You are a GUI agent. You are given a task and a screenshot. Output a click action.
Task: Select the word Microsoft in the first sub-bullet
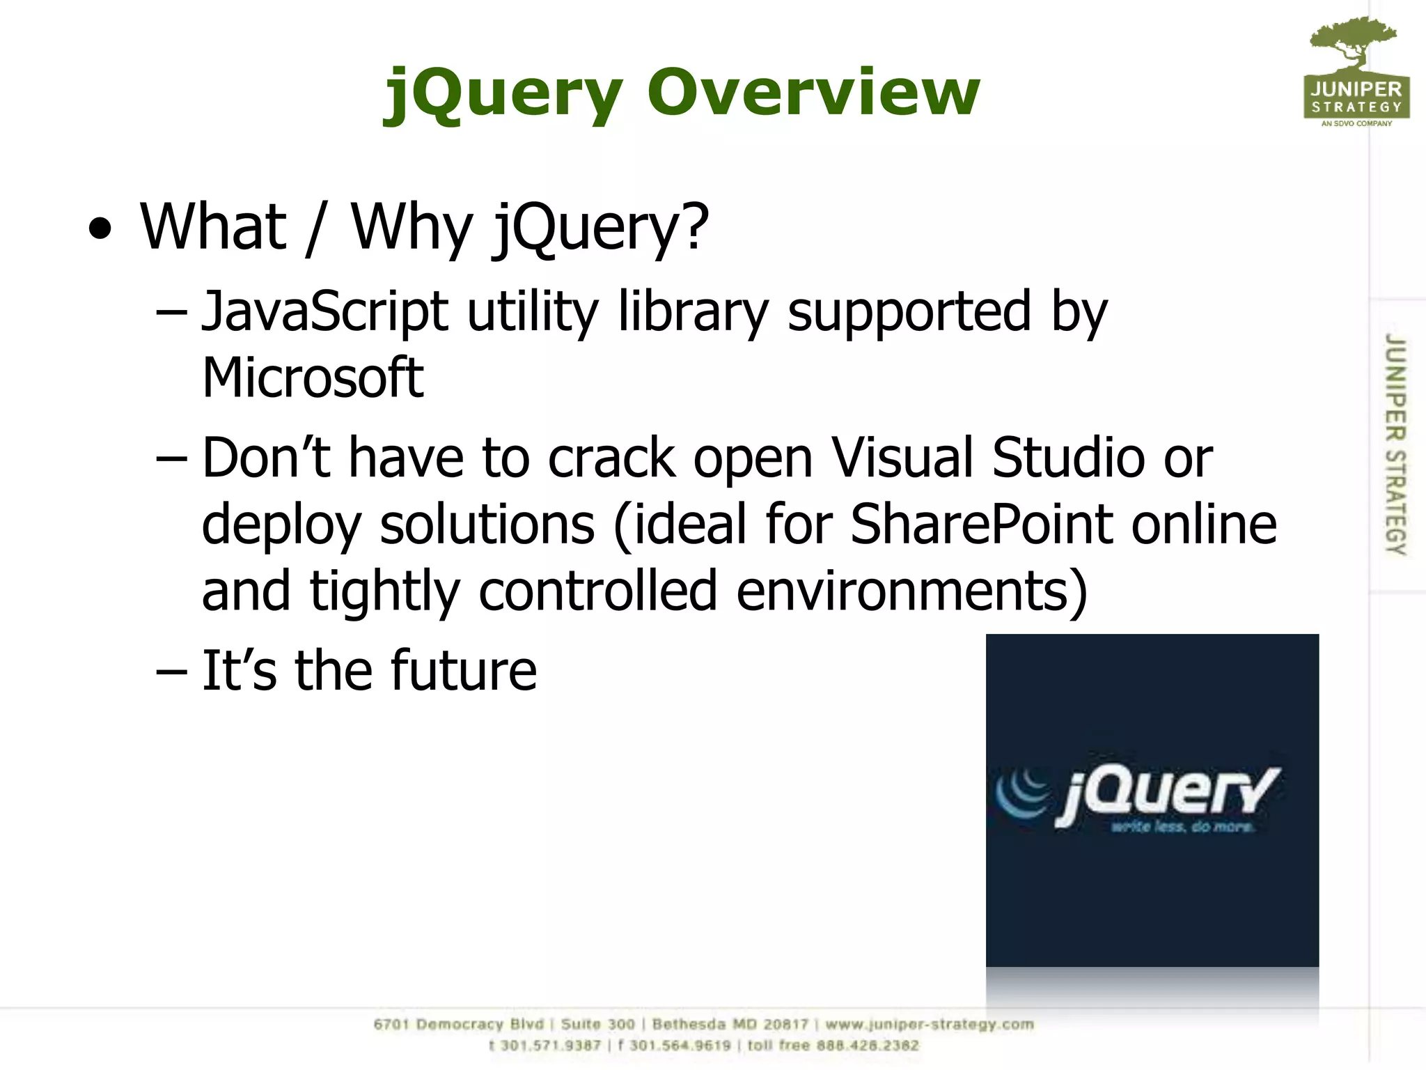[x=313, y=378]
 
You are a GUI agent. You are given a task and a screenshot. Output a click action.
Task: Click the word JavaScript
[x=324, y=311]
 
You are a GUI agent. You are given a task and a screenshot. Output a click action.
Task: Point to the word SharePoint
[x=985, y=524]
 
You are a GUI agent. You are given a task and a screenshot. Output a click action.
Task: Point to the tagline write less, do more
[x=1182, y=827]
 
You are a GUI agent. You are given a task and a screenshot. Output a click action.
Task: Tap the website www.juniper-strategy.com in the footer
[x=930, y=1024]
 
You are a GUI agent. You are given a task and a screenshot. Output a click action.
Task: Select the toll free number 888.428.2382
[x=868, y=1045]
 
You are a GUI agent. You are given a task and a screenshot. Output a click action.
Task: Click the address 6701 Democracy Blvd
[x=458, y=1024]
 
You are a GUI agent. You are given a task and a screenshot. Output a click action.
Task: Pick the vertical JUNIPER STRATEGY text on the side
[x=1395, y=444]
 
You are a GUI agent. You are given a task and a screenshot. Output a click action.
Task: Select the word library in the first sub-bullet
[x=693, y=311]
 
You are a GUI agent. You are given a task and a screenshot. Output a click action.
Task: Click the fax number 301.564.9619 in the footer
[x=680, y=1045]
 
